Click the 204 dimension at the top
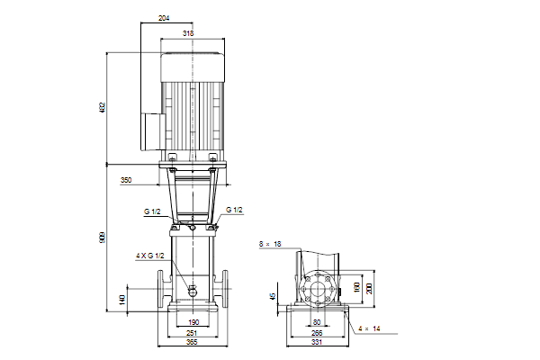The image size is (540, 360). [x=164, y=18]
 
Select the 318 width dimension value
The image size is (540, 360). [x=188, y=33]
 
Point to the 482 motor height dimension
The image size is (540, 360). [x=103, y=108]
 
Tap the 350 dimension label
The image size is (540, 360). [x=126, y=180]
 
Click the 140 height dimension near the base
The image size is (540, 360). [x=121, y=300]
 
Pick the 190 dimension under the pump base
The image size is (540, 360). [x=193, y=322]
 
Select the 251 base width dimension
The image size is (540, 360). [x=192, y=333]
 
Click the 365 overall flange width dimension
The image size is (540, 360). [x=192, y=342]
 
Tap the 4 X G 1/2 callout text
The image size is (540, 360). [x=149, y=256]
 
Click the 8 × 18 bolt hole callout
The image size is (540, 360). [x=270, y=244]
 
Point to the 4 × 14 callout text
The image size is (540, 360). [x=369, y=329]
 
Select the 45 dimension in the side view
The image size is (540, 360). [x=273, y=296]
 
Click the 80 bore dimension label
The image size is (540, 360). [x=317, y=322]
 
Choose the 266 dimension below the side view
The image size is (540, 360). [x=317, y=333]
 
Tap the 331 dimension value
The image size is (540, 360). [x=317, y=342]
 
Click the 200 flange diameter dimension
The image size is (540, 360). [x=369, y=289]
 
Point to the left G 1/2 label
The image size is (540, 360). [x=152, y=211]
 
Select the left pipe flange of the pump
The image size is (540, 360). [x=160, y=289]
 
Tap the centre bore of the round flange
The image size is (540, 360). [x=317, y=289]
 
